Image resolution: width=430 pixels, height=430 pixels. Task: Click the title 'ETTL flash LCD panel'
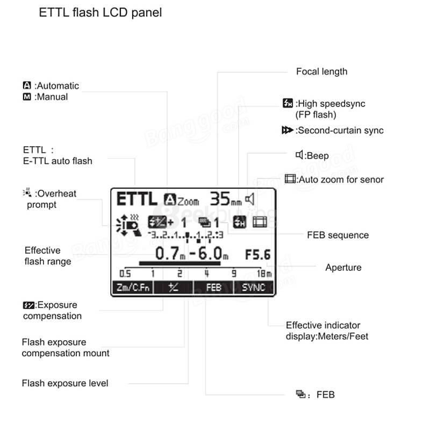[x=101, y=13]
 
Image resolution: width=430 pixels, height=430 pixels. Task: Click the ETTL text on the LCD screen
[x=137, y=199]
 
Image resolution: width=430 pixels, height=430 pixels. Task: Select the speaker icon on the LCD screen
[x=249, y=200]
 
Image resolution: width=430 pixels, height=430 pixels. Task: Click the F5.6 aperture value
[x=258, y=254]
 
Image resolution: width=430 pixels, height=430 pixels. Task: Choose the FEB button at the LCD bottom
[x=214, y=288]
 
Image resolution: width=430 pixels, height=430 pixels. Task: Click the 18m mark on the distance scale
[x=265, y=274]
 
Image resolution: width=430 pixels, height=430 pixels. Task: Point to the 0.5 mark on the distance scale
[x=125, y=274]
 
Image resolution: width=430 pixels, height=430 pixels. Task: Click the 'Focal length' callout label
[x=321, y=71]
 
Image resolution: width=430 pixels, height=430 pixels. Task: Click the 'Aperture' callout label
[x=343, y=267]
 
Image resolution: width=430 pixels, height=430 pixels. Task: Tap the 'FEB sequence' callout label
[x=338, y=235]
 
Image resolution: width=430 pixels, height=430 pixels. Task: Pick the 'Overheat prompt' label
[x=52, y=199]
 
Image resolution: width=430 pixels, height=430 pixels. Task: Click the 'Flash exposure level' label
[x=65, y=383]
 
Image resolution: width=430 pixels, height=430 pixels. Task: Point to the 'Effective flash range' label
[x=48, y=256]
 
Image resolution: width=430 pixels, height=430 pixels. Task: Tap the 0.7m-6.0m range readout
[x=192, y=254]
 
